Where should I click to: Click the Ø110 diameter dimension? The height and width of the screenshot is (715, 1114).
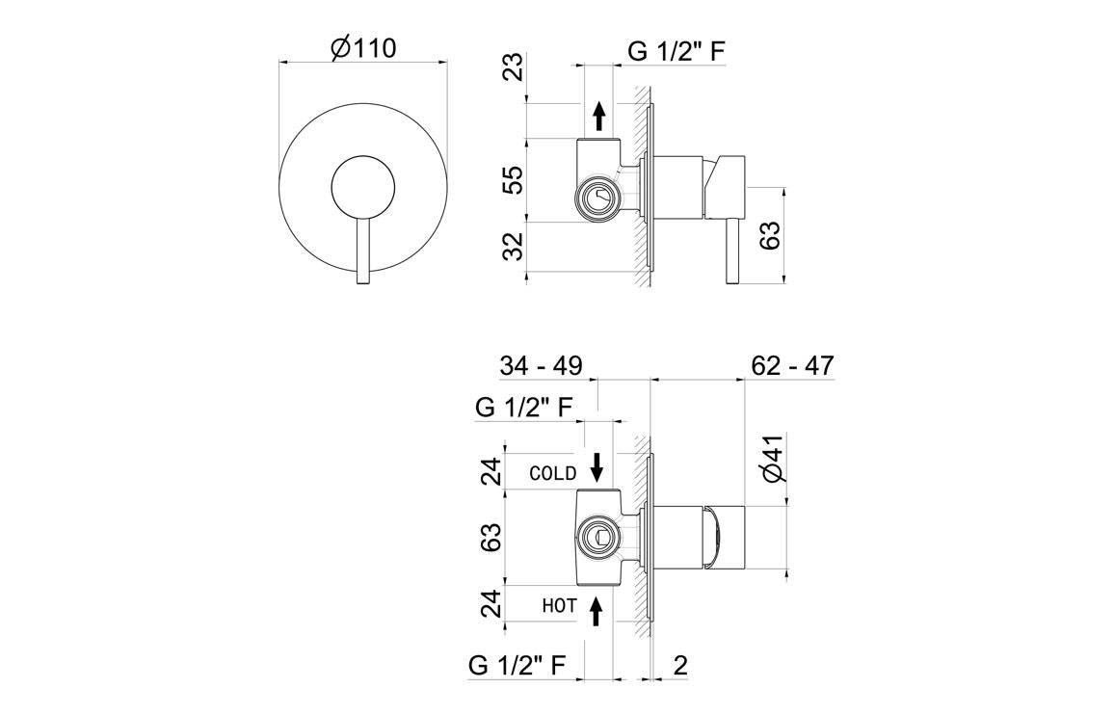click(x=363, y=48)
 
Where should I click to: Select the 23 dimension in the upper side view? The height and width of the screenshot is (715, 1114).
click(x=516, y=67)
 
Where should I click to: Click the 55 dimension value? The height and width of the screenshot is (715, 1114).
click(x=516, y=179)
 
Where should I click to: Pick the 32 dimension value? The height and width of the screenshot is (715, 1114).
click(x=516, y=247)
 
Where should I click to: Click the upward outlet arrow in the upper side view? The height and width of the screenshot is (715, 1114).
click(x=599, y=116)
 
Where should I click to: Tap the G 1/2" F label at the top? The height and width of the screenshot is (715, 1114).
click(x=676, y=52)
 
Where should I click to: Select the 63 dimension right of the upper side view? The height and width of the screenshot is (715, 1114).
click(x=771, y=235)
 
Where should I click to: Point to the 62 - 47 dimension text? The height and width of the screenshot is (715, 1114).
click(x=790, y=366)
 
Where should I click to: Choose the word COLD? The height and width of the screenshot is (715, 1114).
click(x=553, y=473)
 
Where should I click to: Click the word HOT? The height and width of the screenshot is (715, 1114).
click(x=559, y=606)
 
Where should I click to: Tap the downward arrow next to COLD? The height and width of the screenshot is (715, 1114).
click(x=597, y=467)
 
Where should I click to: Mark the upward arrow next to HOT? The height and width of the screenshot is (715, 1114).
click(x=597, y=608)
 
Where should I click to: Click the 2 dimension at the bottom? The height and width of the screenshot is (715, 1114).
click(x=679, y=665)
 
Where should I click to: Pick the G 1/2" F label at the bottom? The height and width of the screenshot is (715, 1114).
click(x=517, y=665)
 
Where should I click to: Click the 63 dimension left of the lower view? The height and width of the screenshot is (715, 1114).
click(x=491, y=537)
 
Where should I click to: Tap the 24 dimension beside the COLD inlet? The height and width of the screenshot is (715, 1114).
click(x=491, y=470)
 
